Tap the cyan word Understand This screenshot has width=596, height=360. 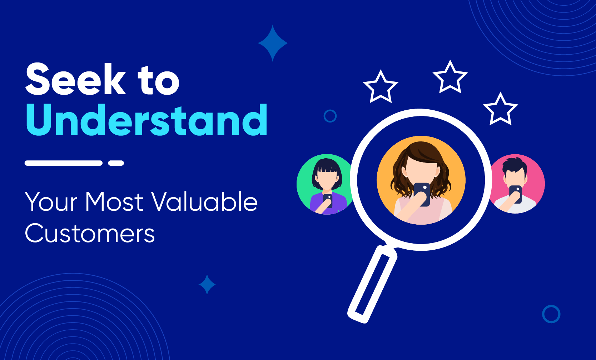pyautogui.click(x=146, y=120)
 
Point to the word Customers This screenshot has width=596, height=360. pyautogui.click(x=90, y=233)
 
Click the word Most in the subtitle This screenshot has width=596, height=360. pyautogui.click(x=114, y=202)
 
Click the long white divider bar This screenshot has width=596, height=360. pyautogui.click(x=64, y=163)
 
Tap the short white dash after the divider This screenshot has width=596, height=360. pyautogui.click(x=116, y=163)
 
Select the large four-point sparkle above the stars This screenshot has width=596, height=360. pyautogui.click(x=273, y=43)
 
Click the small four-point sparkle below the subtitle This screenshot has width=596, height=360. pyautogui.click(x=207, y=285)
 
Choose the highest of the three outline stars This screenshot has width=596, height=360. pyautogui.click(x=450, y=77)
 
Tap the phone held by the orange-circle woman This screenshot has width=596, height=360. pyautogui.click(x=422, y=194)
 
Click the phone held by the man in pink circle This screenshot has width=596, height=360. pyautogui.click(x=515, y=194)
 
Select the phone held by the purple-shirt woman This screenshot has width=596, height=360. pyautogui.click(x=328, y=201)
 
